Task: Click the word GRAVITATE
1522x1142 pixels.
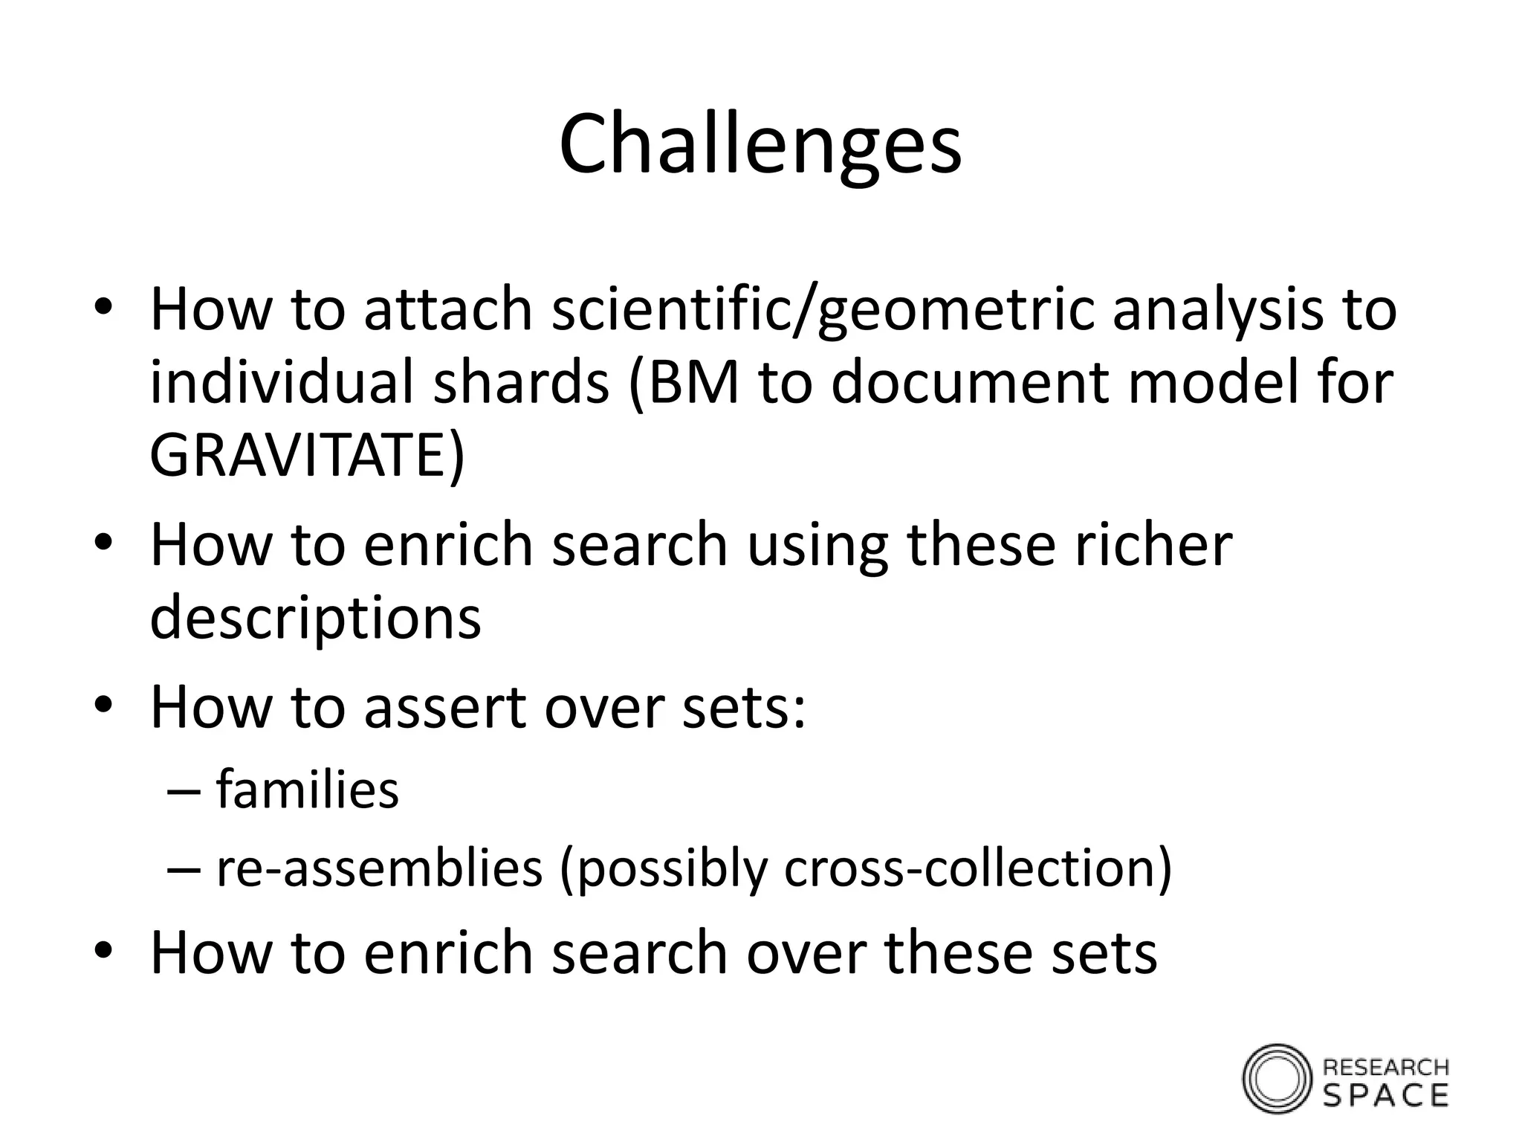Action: (x=300, y=455)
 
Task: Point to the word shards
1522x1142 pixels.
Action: (x=521, y=382)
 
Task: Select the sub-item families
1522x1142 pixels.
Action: (x=307, y=790)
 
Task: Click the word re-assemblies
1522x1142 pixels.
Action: (x=379, y=868)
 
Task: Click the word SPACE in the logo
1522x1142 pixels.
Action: (x=1386, y=1095)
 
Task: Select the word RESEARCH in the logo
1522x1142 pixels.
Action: (x=1386, y=1068)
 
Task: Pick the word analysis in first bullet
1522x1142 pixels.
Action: (x=1217, y=309)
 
